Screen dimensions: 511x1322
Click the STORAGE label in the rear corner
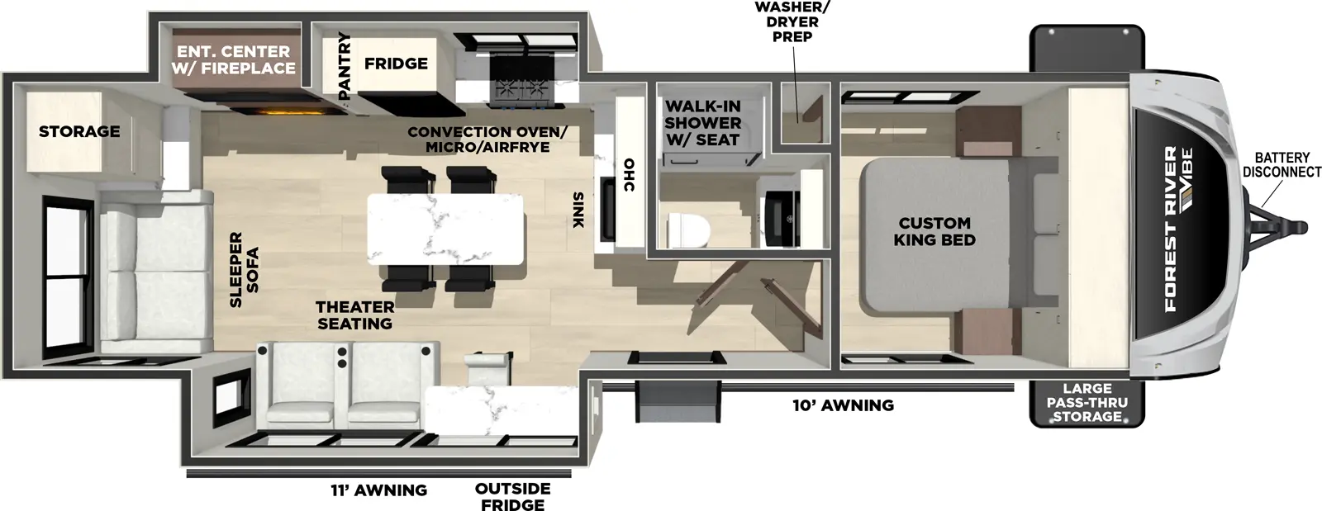click(79, 131)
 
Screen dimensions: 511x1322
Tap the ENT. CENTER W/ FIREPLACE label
click(233, 60)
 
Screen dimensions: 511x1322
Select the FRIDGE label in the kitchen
click(396, 64)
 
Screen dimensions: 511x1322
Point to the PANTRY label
click(345, 66)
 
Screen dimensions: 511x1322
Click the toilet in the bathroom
click(687, 229)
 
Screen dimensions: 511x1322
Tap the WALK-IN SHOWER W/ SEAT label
click(702, 123)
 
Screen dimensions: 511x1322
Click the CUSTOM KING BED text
click(934, 231)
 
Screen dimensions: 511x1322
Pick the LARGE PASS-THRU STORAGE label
click(1087, 402)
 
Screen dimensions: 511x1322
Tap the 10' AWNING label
click(840, 405)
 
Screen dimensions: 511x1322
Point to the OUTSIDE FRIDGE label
click(512, 496)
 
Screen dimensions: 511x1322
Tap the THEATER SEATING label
click(354, 315)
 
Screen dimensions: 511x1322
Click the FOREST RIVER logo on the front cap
click(1170, 229)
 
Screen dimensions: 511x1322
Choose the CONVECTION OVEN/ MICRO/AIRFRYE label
click(487, 140)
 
